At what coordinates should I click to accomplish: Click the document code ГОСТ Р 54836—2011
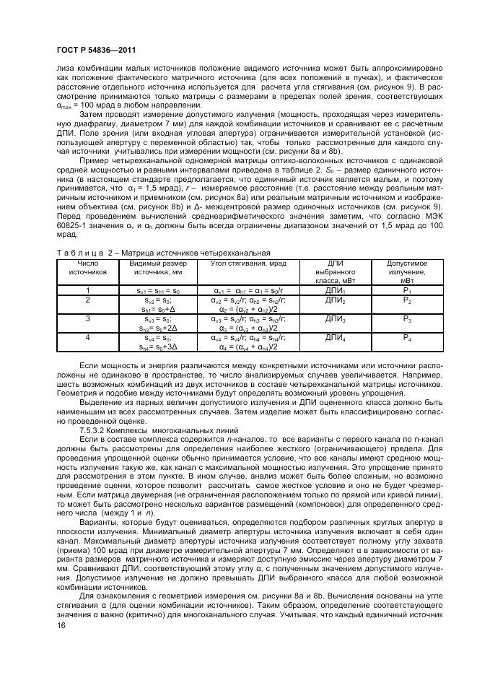pos(92,48)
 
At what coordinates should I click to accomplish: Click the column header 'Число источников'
pos(87,269)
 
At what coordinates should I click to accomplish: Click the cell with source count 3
pos(87,318)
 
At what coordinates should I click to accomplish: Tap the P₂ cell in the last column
pos(406,299)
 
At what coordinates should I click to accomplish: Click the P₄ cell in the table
pos(406,336)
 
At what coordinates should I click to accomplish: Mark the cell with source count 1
pos(87,289)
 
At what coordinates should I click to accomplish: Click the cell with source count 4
pos(87,336)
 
